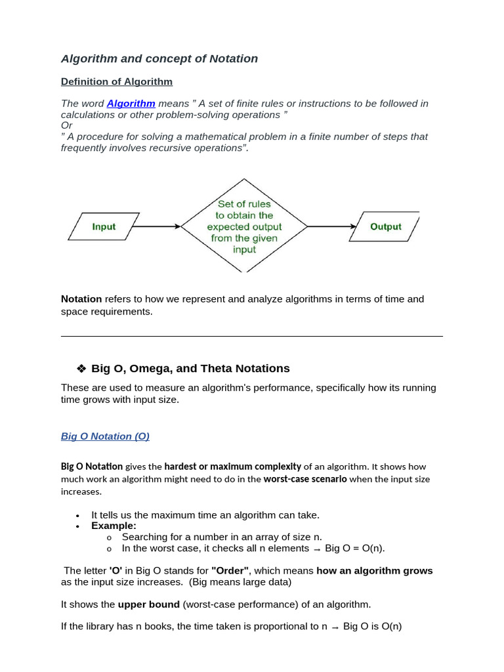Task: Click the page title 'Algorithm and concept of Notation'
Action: (x=159, y=58)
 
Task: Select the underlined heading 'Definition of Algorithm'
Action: (x=117, y=82)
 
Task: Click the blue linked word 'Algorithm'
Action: (x=131, y=104)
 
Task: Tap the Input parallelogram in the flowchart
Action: (x=104, y=226)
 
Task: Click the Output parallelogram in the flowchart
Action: (x=385, y=226)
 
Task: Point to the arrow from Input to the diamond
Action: (x=157, y=226)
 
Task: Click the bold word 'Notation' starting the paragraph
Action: (x=81, y=299)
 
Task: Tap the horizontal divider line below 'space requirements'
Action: (x=252, y=336)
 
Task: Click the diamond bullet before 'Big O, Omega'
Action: (x=82, y=369)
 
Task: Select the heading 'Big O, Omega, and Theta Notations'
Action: (x=190, y=369)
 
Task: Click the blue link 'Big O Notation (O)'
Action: (x=105, y=436)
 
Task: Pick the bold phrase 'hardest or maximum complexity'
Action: (x=232, y=467)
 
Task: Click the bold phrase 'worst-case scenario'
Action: (x=305, y=479)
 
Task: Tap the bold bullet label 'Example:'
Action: (x=114, y=526)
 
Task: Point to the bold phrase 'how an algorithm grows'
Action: (x=375, y=571)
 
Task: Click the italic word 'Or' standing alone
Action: (x=66, y=125)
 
